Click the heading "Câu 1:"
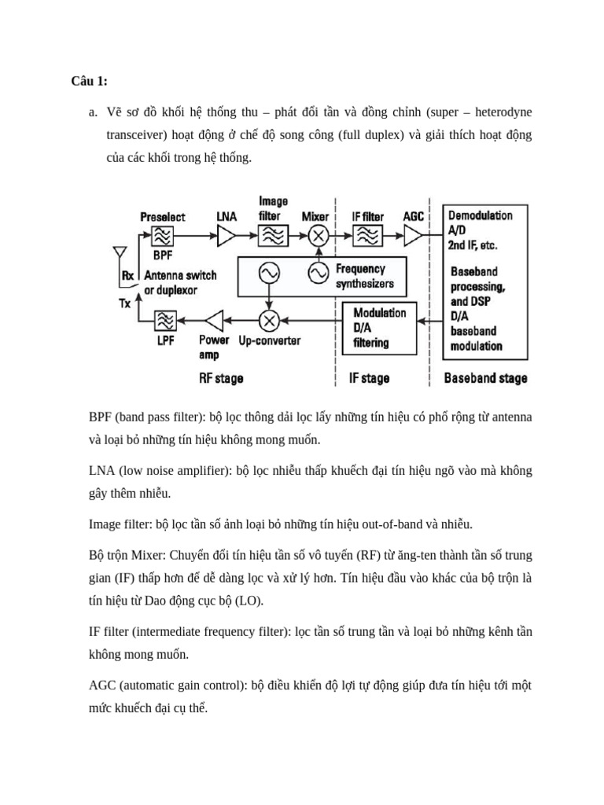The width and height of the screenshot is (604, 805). [89, 81]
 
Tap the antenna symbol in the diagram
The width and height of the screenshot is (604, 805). [120, 254]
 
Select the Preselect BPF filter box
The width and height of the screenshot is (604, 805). [163, 235]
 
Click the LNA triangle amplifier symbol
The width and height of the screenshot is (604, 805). [226, 235]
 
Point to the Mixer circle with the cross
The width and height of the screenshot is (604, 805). [318, 235]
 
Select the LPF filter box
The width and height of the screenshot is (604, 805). [166, 320]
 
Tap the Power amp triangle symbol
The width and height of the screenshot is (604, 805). [214, 320]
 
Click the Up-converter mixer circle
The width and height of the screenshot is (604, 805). [269, 320]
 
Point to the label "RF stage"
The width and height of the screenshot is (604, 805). [221, 378]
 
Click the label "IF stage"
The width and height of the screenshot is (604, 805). [369, 378]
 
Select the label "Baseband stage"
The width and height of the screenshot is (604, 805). [485, 378]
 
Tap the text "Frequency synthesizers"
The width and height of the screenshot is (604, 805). [364, 276]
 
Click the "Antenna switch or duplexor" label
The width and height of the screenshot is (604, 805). [180, 283]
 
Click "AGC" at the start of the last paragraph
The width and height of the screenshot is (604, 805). [102, 686]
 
